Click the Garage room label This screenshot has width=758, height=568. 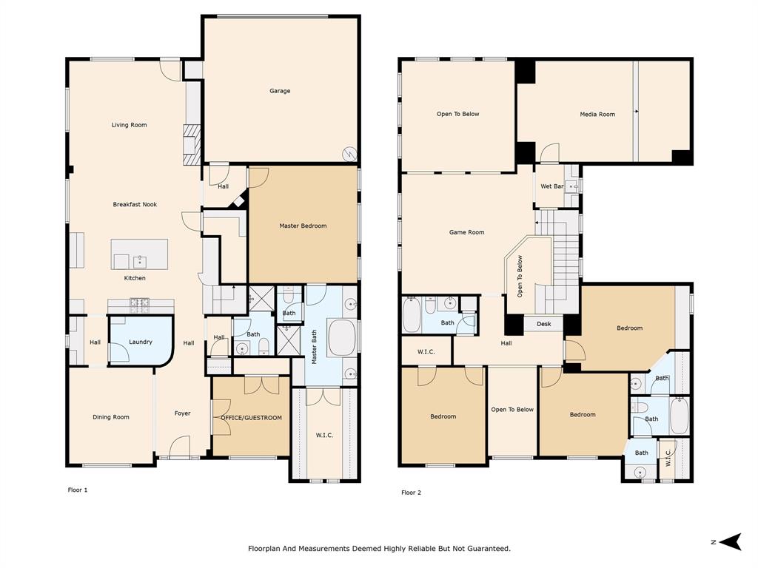(280, 91)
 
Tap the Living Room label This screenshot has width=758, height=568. (129, 125)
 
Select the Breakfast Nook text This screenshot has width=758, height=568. (135, 204)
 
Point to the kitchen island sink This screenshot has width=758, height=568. (139, 261)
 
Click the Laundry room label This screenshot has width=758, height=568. (141, 342)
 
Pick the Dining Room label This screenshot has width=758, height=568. (111, 417)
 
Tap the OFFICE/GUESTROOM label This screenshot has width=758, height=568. (252, 418)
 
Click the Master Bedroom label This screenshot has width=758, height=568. (303, 226)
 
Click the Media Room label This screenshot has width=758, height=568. (597, 115)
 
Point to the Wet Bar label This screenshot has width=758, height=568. (552, 186)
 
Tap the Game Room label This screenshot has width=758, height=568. (466, 232)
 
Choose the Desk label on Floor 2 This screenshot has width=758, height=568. (544, 324)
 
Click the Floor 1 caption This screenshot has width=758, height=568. (77, 490)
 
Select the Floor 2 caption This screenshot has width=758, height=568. (411, 493)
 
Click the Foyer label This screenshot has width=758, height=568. (182, 413)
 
